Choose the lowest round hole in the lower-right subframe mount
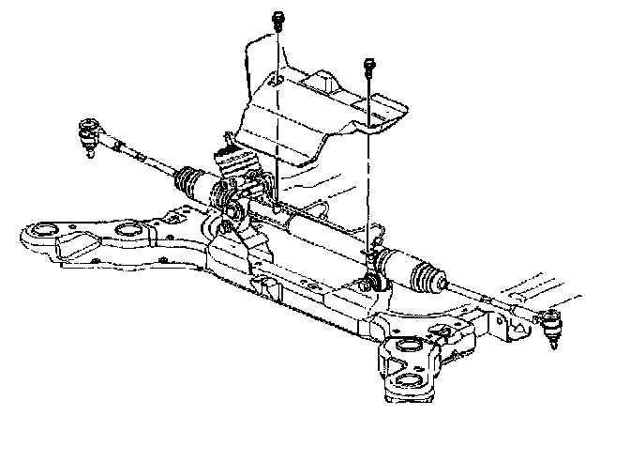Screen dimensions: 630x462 click(x=412, y=378)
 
